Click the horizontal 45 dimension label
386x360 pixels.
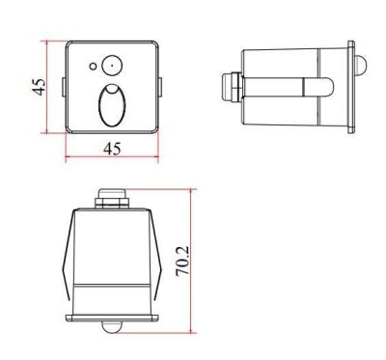[112, 149]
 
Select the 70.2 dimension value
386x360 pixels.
[183, 260]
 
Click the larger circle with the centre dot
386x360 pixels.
[110, 66]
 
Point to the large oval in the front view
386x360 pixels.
[112, 105]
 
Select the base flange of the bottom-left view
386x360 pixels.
[112, 317]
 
